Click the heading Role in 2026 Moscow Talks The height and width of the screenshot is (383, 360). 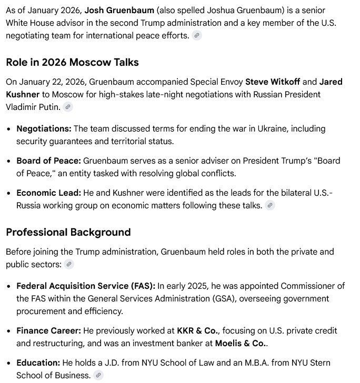tap(72, 62)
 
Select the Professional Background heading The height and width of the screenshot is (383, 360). tap(68, 232)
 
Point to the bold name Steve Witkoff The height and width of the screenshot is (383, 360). tap(273, 82)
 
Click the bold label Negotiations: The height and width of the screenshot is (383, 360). tap(44, 128)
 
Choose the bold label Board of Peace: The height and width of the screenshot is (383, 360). tap(48, 160)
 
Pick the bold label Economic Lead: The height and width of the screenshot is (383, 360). tap(48, 193)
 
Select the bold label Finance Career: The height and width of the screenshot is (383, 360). tap(48, 330)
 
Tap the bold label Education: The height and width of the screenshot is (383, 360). tap(38, 362)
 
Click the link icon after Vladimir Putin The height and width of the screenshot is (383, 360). tap(67, 107)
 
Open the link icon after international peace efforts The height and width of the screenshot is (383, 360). tap(196, 36)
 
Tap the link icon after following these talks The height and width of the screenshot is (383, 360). tap(270, 206)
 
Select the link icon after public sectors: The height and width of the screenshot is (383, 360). tap(69, 265)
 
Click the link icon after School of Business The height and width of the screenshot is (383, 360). tap(98, 376)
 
